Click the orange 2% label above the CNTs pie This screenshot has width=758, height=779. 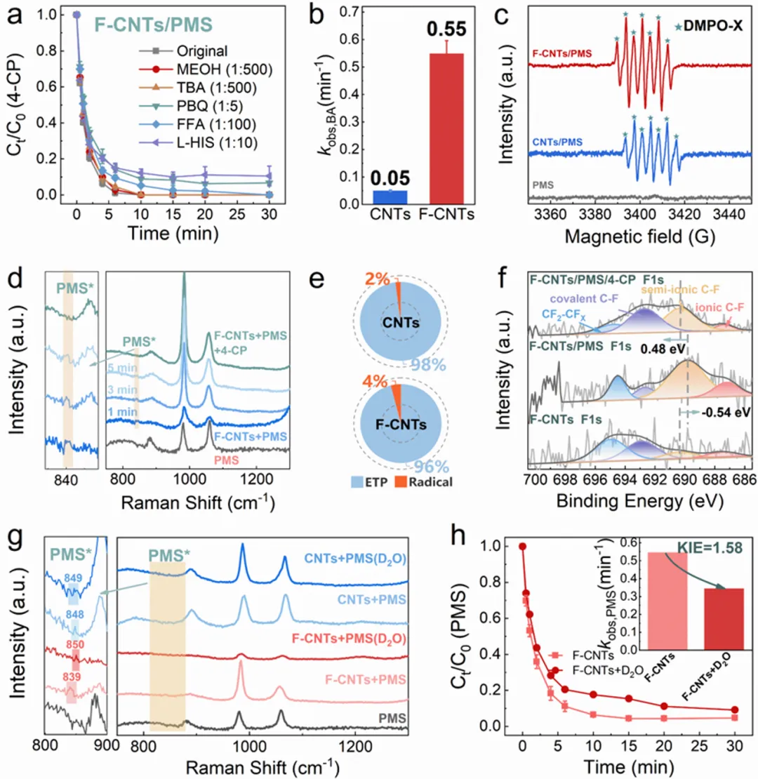click(x=379, y=280)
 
